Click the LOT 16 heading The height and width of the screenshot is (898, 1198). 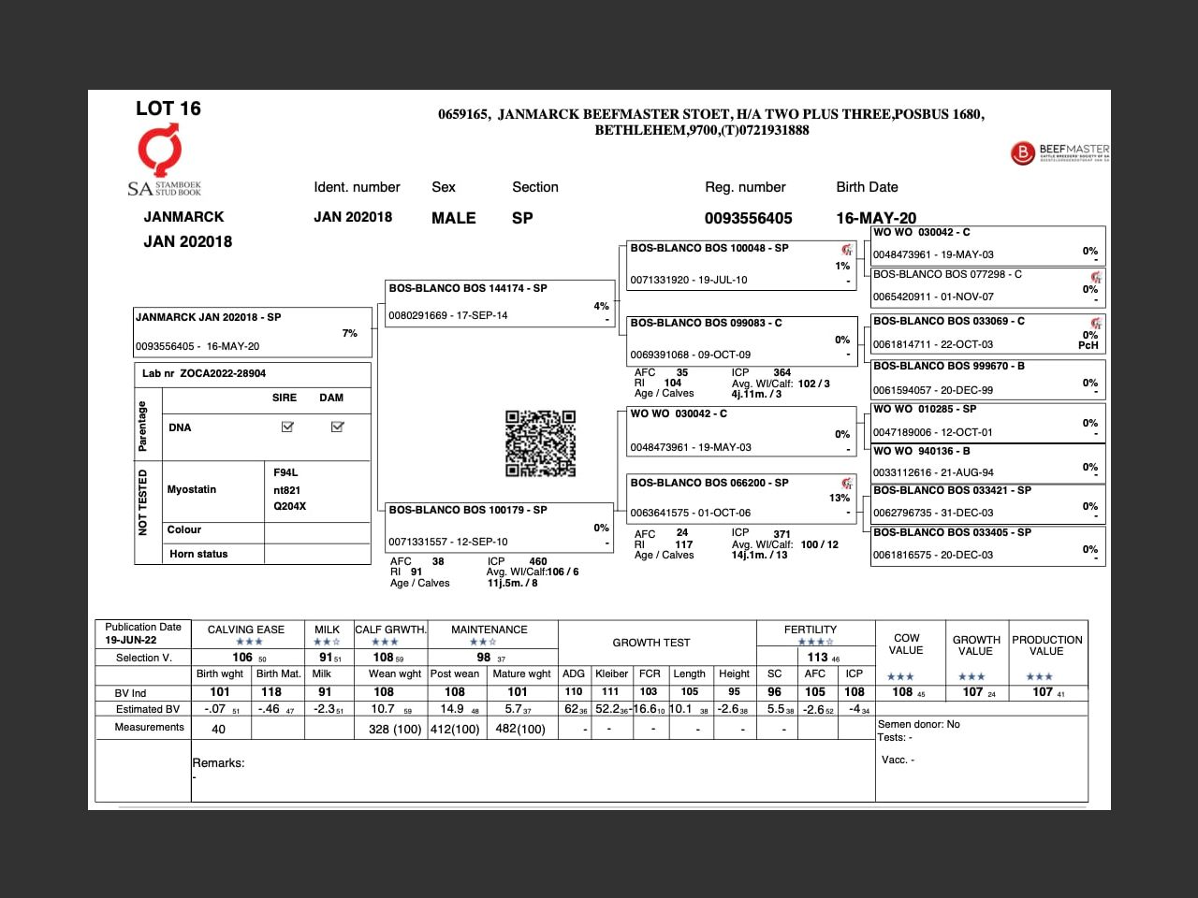tap(168, 109)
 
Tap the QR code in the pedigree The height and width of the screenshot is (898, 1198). tap(540, 443)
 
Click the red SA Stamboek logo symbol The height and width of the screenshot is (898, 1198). tap(160, 150)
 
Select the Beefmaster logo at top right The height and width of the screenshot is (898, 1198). tap(1059, 152)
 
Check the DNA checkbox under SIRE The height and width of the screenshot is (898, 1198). tap(287, 427)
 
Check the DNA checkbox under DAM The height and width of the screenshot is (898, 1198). tap(337, 427)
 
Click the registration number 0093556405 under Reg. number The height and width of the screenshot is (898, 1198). tap(748, 218)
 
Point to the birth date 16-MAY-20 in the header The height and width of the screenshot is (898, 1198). tap(876, 218)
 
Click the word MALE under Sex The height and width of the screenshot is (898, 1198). tap(453, 218)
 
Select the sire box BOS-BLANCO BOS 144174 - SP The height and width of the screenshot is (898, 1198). tap(498, 302)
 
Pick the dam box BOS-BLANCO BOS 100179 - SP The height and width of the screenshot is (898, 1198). tap(498, 526)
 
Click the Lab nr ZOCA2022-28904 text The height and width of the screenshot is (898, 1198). tap(204, 373)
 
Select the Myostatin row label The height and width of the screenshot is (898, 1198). tap(192, 489)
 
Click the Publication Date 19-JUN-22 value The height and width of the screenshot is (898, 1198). tap(131, 641)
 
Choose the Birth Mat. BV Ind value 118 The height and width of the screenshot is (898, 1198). tap(271, 692)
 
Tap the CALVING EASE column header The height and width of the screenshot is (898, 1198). tap(246, 630)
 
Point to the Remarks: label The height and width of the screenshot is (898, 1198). tap(218, 763)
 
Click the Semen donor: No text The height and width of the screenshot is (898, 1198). tap(919, 724)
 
